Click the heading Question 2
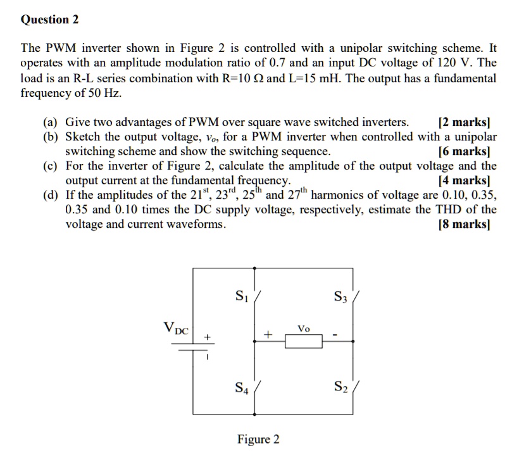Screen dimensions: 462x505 pyautogui.click(x=49, y=20)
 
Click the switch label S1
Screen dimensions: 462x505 pyautogui.click(x=241, y=294)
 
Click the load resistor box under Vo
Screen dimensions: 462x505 pyautogui.click(x=304, y=342)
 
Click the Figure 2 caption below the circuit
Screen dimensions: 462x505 pyautogui.click(x=258, y=439)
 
